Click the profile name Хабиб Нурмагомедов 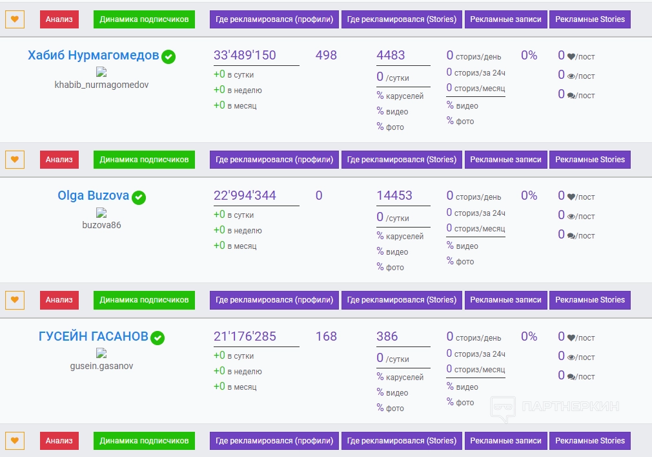click(x=93, y=56)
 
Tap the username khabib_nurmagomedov click(x=101, y=85)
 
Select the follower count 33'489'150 click(x=245, y=55)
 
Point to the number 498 click(x=326, y=55)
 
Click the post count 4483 click(x=391, y=55)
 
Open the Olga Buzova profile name click(x=93, y=195)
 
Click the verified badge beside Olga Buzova click(x=139, y=197)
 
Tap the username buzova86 click(x=101, y=225)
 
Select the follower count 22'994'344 click(x=245, y=195)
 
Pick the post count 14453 click(x=394, y=195)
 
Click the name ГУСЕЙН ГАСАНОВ click(x=93, y=336)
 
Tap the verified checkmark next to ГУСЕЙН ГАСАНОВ click(x=158, y=337)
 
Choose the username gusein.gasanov click(x=101, y=366)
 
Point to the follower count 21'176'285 click(x=245, y=336)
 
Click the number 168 click(x=326, y=336)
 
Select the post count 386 click(x=387, y=336)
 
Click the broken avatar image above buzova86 click(x=101, y=213)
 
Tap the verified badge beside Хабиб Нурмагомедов click(x=168, y=57)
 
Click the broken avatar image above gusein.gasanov click(x=101, y=354)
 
